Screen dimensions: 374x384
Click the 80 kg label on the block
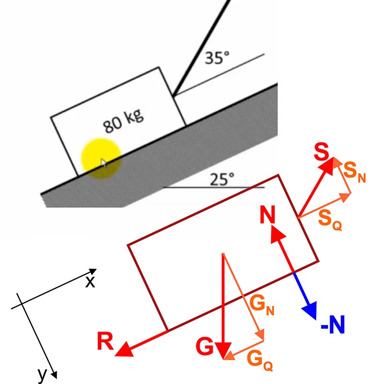coord(123,121)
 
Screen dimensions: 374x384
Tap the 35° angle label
coord(217,58)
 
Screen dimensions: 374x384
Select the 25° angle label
coord(222,179)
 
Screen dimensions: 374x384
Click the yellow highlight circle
coord(101,159)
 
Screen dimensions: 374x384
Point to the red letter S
coord(321,152)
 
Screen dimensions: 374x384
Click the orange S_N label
coord(355,173)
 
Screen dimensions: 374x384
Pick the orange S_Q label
coord(330,220)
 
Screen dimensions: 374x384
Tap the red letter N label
coord(267,214)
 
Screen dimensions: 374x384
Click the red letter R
coord(105,341)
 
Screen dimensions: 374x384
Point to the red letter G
coord(205,346)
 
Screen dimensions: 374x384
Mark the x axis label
coord(90,282)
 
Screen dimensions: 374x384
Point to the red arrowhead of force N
coord(277,234)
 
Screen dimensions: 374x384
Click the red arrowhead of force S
coord(328,166)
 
